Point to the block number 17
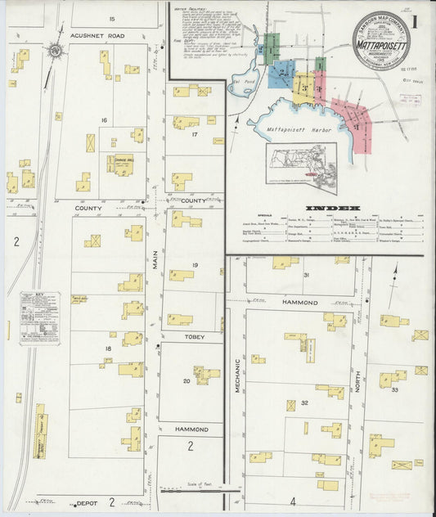[x=195, y=133]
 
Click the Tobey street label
[x=194, y=336]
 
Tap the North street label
[x=357, y=379]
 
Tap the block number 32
[x=304, y=402]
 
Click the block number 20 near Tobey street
[x=186, y=381]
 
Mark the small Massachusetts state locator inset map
[x=301, y=169]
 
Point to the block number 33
[x=394, y=389]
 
